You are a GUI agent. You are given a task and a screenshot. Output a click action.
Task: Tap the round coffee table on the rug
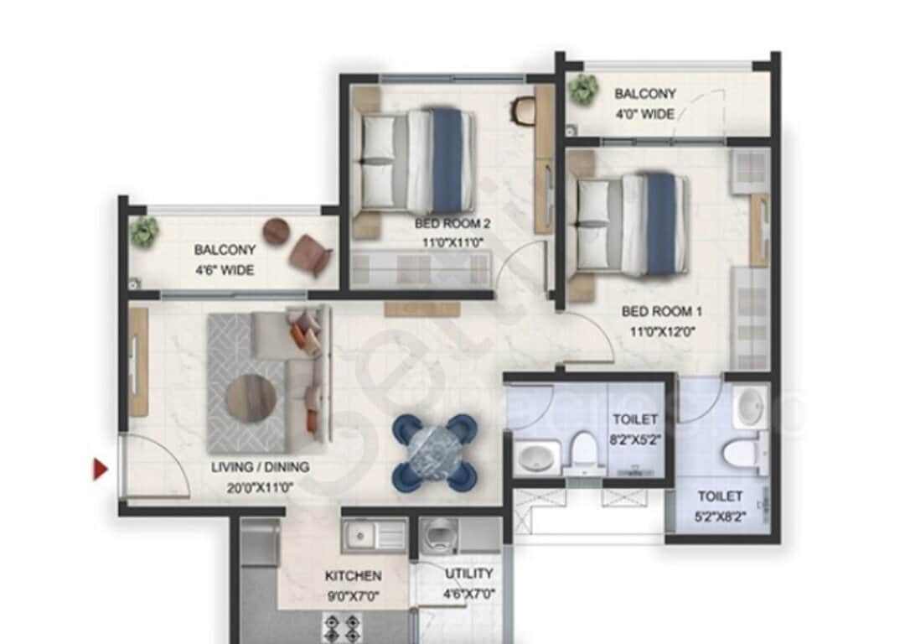point(251,397)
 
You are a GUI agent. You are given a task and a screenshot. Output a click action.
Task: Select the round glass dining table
point(435,452)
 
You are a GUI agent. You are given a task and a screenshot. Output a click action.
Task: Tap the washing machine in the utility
point(438,534)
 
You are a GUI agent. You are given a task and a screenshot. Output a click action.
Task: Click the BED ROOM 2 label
point(452,224)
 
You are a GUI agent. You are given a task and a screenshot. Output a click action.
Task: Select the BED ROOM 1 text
point(662,311)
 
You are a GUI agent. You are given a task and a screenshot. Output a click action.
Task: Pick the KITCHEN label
point(353,576)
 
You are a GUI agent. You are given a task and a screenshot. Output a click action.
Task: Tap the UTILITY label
point(468,574)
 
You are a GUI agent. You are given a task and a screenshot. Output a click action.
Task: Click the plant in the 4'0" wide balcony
point(582,88)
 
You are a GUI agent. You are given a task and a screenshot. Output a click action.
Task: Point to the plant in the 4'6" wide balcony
point(145,231)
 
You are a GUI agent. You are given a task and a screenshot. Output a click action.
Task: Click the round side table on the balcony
point(276,231)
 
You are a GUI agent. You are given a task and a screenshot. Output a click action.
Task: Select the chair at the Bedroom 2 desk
point(525,111)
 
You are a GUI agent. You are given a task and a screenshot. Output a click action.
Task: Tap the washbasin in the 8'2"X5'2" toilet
point(535,458)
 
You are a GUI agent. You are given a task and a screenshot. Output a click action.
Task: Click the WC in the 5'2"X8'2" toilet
point(741,454)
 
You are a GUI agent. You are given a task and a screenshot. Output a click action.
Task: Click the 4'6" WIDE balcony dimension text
point(225,270)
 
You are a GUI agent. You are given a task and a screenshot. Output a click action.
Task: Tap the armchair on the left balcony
point(311,254)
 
